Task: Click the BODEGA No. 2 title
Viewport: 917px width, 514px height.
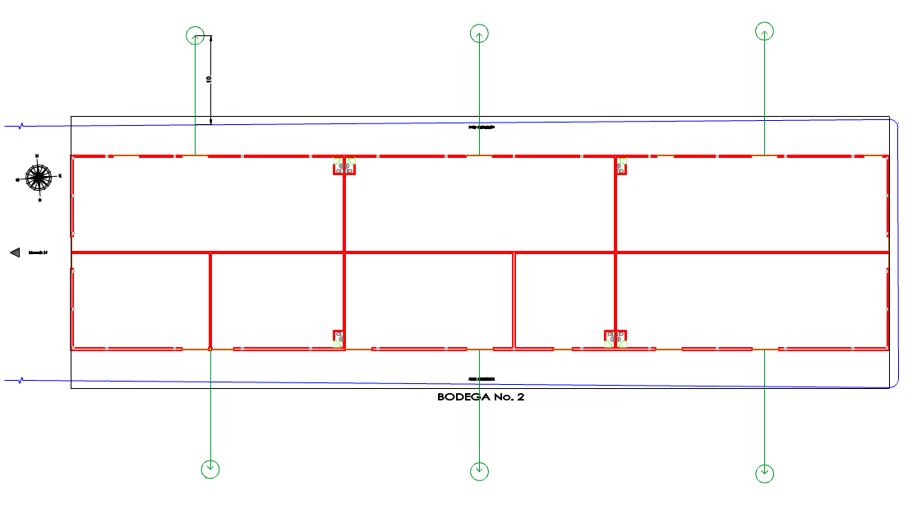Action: click(480, 397)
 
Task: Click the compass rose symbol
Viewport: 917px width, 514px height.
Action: click(38, 176)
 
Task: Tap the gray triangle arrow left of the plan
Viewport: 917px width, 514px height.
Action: click(14, 253)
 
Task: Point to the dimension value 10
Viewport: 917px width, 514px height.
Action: click(209, 79)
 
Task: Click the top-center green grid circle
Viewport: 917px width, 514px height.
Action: click(479, 34)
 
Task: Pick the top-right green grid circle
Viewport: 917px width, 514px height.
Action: click(764, 31)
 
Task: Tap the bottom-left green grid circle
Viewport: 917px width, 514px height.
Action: click(211, 469)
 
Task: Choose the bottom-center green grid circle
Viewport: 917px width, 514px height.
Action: click(479, 471)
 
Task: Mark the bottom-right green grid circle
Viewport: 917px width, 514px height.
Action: click(764, 473)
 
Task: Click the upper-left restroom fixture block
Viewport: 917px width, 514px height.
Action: click(343, 166)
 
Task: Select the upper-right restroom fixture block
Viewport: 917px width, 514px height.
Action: click(621, 166)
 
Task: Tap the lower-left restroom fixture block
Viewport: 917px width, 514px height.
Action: click(339, 338)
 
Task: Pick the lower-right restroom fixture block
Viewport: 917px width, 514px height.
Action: click(615, 338)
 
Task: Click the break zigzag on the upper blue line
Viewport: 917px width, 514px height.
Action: click(21, 126)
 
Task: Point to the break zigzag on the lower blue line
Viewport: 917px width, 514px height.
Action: click(21, 380)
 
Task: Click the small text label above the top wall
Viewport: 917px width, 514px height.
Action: click(482, 127)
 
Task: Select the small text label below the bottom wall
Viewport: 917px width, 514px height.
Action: click(482, 379)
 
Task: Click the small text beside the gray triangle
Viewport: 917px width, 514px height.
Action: click(38, 252)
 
